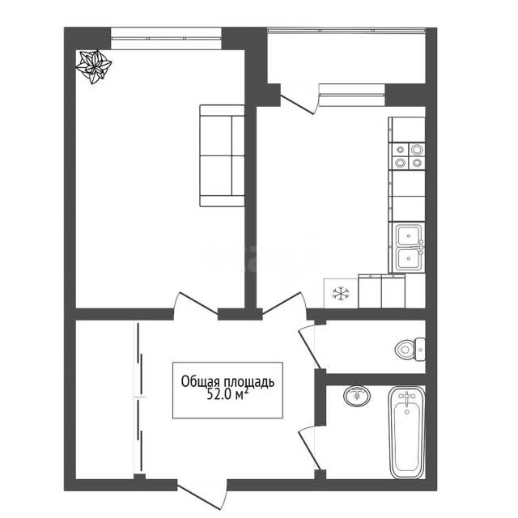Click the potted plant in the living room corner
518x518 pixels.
point(94,66)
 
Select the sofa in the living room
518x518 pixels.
point(222,155)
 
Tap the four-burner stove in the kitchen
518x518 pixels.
point(408,156)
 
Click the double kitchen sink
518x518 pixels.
point(410,247)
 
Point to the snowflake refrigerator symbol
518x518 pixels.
point(340,293)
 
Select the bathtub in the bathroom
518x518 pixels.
point(406,433)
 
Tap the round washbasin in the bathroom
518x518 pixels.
point(357,396)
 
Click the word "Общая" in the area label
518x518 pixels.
point(200,382)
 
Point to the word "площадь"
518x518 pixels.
point(249,383)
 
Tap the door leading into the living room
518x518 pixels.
point(196,302)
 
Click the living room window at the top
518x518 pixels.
point(166,38)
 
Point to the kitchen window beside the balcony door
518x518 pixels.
point(352,96)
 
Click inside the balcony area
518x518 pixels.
point(346,56)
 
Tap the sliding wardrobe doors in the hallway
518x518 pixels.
point(139,398)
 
